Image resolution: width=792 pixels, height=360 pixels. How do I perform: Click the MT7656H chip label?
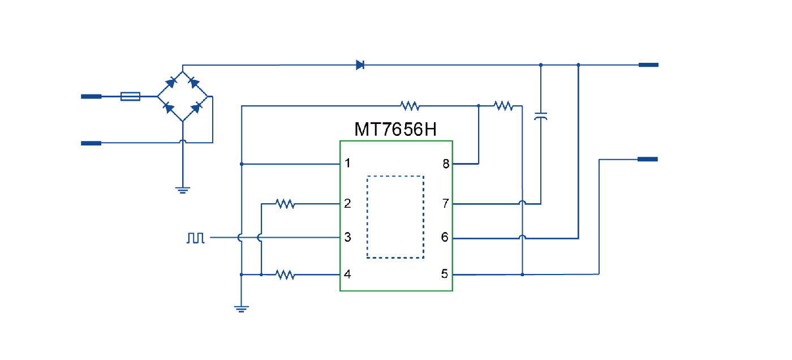click(395, 130)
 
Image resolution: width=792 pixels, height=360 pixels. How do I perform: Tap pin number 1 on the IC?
click(348, 164)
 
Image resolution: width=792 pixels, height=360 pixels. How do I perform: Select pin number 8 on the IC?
click(446, 164)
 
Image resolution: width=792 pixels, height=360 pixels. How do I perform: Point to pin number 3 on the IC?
click(348, 238)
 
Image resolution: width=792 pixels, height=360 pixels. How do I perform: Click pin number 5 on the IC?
click(445, 275)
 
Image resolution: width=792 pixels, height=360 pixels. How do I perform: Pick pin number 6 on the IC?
click(445, 238)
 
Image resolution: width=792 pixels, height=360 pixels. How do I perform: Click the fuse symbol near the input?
click(131, 97)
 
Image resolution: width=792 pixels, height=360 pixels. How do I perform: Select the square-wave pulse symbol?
click(196, 238)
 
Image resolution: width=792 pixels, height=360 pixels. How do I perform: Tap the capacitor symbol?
click(541, 117)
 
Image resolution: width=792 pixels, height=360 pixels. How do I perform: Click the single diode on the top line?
click(360, 65)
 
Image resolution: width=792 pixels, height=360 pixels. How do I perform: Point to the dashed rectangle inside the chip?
click(395, 217)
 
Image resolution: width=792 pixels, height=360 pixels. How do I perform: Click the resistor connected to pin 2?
click(285, 203)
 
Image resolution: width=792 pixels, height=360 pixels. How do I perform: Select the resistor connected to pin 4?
click(285, 275)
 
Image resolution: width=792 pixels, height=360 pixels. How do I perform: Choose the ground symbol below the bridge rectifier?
click(182, 190)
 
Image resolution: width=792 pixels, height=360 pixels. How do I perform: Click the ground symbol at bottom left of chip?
click(242, 308)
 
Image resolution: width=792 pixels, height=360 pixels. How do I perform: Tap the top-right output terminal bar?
click(648, 65)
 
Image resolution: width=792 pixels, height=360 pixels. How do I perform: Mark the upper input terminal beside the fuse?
click(91, 97)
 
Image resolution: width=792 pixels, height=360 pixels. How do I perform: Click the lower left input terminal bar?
click(91, 143)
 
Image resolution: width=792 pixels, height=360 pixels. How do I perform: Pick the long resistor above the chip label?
click(409, 105)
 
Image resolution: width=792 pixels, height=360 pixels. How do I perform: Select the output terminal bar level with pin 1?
click(648, 160)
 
